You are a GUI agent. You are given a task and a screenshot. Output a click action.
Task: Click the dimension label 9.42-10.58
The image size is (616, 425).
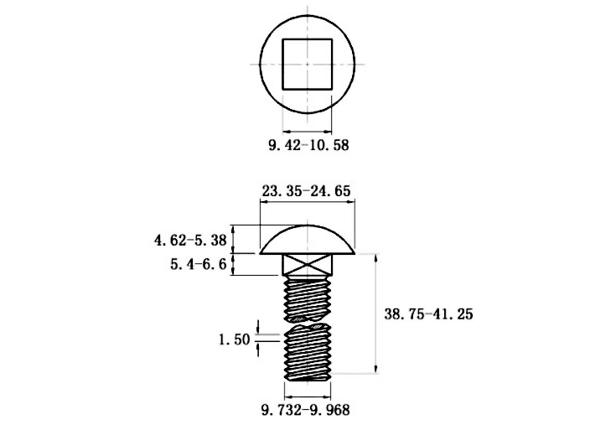pos(308,145)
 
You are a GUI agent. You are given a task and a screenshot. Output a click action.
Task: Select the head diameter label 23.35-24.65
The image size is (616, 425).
pos(306,191)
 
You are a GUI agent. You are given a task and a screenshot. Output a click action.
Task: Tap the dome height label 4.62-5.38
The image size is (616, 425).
pos(190,240)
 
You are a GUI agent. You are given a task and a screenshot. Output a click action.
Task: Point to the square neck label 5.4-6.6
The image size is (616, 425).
pos(199,264)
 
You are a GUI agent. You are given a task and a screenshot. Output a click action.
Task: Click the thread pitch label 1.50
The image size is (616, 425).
pos(234,339)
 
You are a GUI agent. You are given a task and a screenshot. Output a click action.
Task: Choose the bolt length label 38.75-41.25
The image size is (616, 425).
pos(428,314)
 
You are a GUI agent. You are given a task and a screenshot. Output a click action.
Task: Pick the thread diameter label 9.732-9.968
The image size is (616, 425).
pos(305,410)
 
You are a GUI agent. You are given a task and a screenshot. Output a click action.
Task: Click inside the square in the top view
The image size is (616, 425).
pos(308,65)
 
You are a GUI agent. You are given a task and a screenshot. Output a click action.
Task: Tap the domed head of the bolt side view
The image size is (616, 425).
pos(308,240)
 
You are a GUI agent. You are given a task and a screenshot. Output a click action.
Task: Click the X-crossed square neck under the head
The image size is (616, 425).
pos(308,264)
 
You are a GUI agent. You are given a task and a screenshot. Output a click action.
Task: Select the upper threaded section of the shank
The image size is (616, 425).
pos(308,298)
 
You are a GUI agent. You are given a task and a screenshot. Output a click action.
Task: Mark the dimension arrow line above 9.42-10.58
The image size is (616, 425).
pos(308,132)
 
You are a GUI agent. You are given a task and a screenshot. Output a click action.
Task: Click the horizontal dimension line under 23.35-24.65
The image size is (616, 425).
pos(308,202)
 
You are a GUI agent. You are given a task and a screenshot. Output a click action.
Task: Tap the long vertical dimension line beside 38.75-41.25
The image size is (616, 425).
pos(376,314)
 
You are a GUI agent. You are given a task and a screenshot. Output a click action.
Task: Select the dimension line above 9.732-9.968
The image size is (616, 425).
pos(308,396)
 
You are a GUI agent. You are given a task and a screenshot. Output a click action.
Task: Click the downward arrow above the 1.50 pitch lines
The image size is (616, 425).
pos(258,327)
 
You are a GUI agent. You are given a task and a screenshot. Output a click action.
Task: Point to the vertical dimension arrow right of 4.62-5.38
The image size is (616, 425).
pos(234,239)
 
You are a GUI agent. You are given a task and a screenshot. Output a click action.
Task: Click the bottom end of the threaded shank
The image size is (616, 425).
pos(308,379)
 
